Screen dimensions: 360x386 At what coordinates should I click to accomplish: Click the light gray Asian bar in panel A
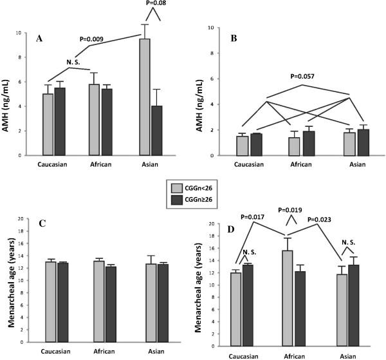[145, 97]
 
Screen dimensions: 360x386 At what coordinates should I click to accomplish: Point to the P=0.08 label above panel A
[151, 5]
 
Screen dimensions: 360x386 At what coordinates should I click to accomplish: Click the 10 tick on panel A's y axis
[26, 32]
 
